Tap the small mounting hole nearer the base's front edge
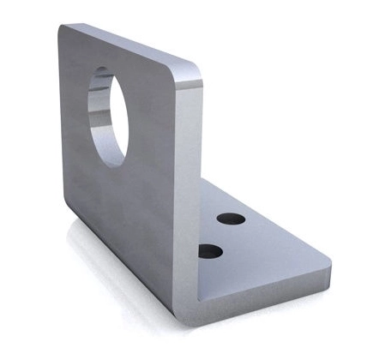[209, 251]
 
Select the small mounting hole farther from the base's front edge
[231, 219]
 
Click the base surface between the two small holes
[220, 235]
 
